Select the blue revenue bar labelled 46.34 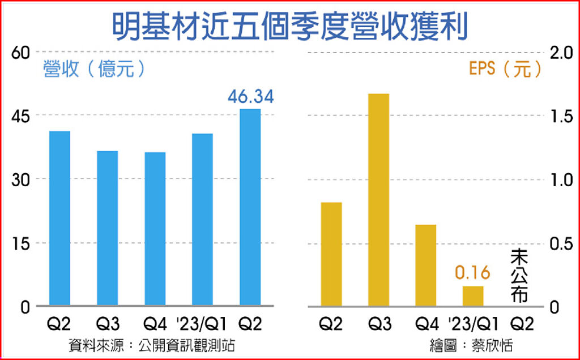tap(250, 207)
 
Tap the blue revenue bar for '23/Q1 tap(202, 220)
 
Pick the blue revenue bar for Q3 tap(107, 229)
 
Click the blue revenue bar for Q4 tap(155, 229)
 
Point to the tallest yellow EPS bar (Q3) tap(378, 200)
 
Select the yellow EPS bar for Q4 tap(426, 265)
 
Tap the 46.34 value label tap(250, 97)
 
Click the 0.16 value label tap(472, 273)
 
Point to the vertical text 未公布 tap(519, 276)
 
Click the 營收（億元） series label tap(94, 69)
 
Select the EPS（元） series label tap(505, 69)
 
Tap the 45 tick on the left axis tap(21, 115)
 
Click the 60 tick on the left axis tap(21, 52)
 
